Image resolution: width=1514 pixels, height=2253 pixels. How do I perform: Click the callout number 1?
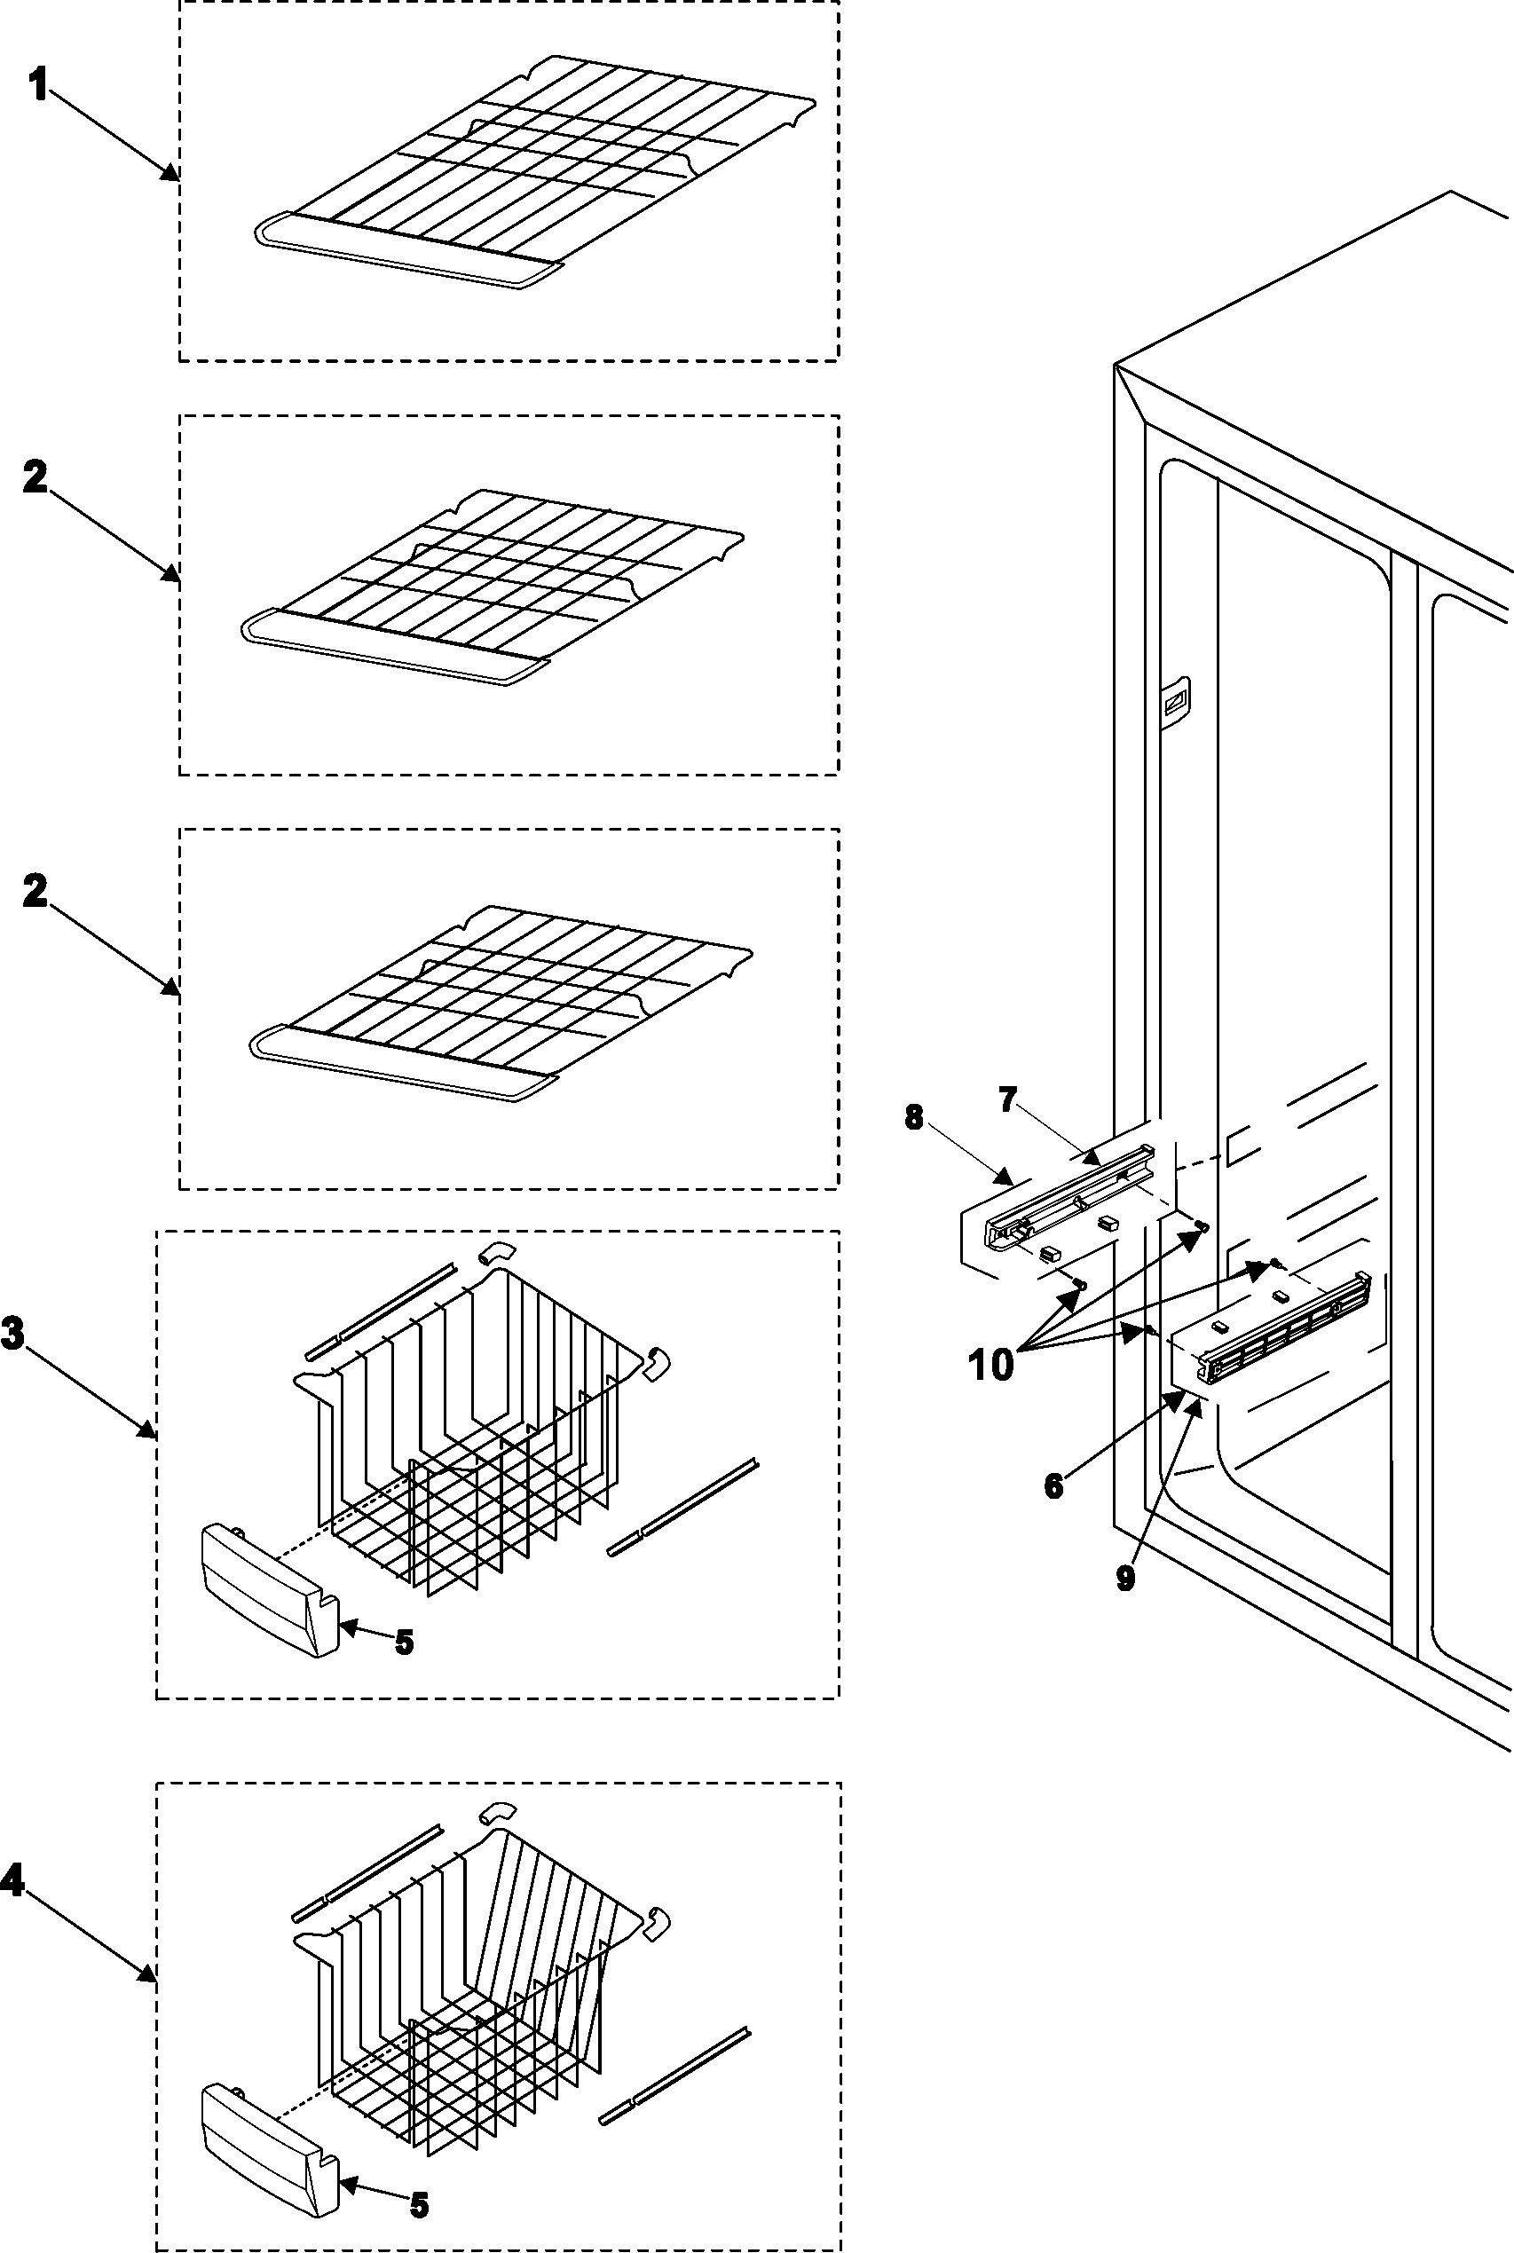pos(39,87)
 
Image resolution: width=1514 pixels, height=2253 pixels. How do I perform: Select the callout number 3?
pos(13,1333)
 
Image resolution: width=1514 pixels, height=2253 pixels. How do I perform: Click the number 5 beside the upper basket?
pos(404,1642)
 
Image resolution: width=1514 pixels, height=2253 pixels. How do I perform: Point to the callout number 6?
pos(1053,1485)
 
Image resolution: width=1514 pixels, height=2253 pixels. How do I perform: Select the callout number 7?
pos(1007,1099)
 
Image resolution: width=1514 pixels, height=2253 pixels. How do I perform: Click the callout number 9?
pos(1125,1579)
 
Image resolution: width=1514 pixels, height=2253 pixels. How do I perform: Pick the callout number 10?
pos(990,1364)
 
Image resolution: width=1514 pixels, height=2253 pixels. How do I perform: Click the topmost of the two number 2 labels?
pos(35,477)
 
